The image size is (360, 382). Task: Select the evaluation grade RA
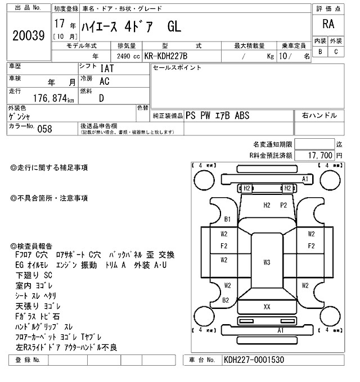(x=327, y=25)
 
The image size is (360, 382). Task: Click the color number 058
(x=44, y=129)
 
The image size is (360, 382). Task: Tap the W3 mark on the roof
(x=267, y=262)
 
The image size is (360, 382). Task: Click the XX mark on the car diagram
(x=267, y=307)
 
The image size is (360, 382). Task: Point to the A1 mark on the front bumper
(x=305, y=179)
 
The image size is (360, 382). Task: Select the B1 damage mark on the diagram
(x=227, y=219)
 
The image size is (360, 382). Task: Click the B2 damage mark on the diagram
(x=226, y=300)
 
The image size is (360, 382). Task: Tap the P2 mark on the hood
(x=283, y=205)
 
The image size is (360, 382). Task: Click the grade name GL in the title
(x=174, y=27)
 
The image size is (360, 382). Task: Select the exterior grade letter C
(x=336, y=52)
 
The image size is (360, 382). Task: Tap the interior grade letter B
(x=320, y=52)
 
